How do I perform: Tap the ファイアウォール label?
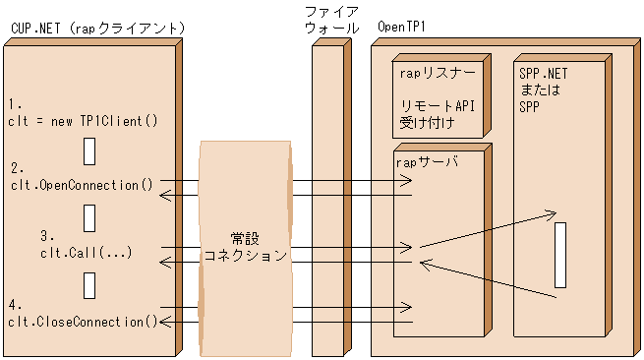(330, 21)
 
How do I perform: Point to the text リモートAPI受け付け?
(437, 115)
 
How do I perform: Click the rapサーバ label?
(427, 162)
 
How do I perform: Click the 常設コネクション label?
(245, 247)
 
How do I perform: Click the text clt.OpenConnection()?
(83, 185)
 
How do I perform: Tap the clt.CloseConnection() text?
(85, 321)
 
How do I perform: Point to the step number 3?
(45, 236)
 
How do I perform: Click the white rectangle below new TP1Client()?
(89, 151)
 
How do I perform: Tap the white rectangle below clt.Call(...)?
(89, 284)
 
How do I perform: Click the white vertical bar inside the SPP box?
(560, 255)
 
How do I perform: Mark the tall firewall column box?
(330, 198)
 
